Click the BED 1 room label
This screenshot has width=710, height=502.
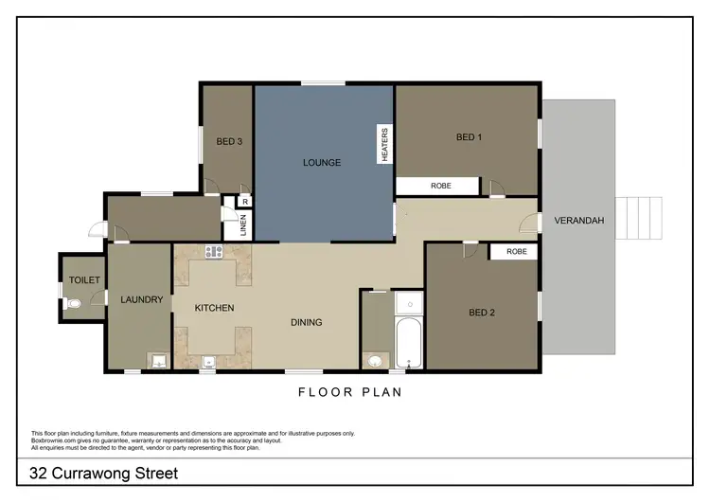pyautogui.click(x=469, y=137)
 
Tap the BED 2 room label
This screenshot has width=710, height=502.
pyautogui.click(x=483, y=313)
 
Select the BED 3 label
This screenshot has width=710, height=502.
pyautogui.click(x=229, y=142)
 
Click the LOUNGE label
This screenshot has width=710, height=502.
pyautogui.click(x=322, y=163)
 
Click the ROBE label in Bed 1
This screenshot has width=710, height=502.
pyautogui.click(x=441, y=187)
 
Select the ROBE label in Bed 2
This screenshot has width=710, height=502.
pyautogui.click(x=516, y=251)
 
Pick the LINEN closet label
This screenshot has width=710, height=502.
pyautogui.click(x=242, y=224)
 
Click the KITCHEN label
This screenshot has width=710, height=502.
pyautogui.click(x=214, y=308)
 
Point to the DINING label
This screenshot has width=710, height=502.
pyautogui.click(x=306, y=322)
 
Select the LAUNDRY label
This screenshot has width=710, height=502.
pyautogui.click(x=142, y=300)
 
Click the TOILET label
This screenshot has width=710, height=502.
pyautogui.click(x=83, y=279)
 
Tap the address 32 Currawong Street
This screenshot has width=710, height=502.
pyautogui.click(x=104, y=473)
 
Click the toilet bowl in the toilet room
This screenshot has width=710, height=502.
pyautogui.click(x=75, y=304)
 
